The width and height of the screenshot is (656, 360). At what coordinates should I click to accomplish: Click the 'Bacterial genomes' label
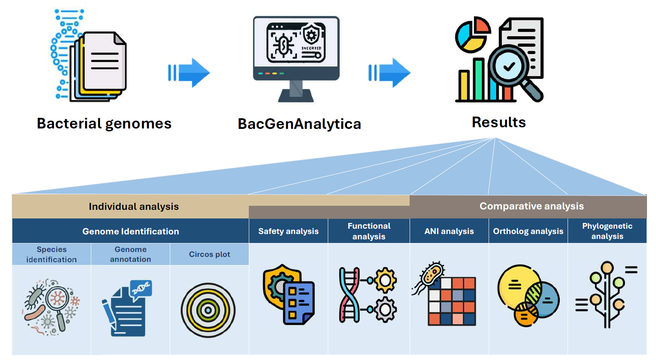point(104,124)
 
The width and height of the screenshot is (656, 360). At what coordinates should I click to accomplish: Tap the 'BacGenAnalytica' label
point(299,124)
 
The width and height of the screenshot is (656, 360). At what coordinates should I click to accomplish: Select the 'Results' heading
point(498,122)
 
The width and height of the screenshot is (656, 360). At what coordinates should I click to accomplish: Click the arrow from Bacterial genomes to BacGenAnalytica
point(189,73)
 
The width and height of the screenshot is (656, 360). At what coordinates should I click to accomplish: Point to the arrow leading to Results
point(389,73)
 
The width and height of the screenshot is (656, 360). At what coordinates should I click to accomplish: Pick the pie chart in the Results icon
point(472,35)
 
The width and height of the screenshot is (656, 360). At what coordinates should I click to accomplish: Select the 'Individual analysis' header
point(133,207)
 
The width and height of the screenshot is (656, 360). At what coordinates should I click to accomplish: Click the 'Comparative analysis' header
point(531,206)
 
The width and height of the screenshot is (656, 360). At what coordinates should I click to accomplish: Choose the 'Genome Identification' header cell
point(131,231)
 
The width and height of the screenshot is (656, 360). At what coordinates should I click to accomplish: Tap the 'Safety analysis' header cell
point(288,231)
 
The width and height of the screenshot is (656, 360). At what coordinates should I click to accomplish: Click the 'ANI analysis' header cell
point(449,231)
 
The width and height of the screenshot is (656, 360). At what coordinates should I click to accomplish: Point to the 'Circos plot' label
point(209,254)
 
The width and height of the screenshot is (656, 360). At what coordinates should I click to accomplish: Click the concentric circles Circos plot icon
point(208,310)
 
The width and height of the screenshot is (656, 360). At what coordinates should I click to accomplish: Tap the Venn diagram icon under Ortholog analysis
point(528,295)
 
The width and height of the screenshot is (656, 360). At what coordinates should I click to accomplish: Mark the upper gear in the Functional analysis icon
point(385,280)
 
